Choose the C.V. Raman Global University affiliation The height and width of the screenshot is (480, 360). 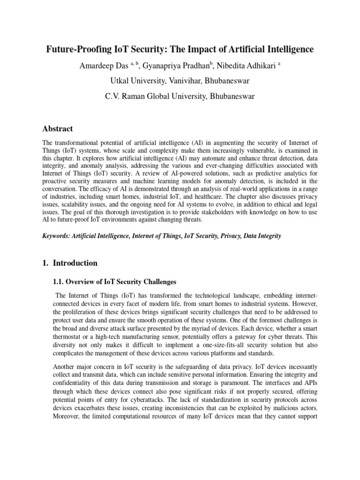(180, 97)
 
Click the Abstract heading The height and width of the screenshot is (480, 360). (58, 128)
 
